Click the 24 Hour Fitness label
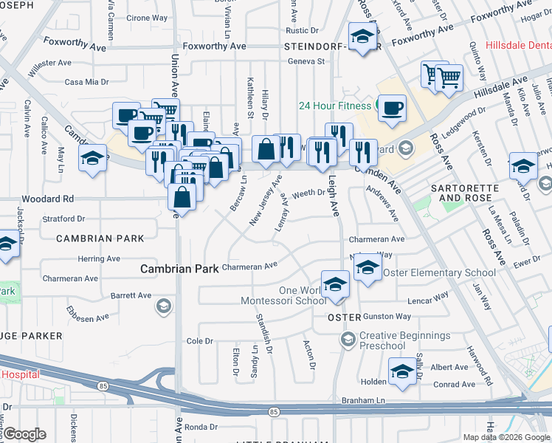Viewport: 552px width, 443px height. (334, 105)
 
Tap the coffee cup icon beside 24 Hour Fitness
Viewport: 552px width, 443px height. (391, 108)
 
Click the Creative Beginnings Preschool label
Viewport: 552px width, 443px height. (404, 341)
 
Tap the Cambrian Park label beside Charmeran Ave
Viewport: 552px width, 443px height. (179, 269)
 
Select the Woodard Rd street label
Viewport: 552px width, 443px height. (48, 199)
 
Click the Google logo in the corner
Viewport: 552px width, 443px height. (24, 434)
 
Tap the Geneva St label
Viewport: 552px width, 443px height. (306, 61)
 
